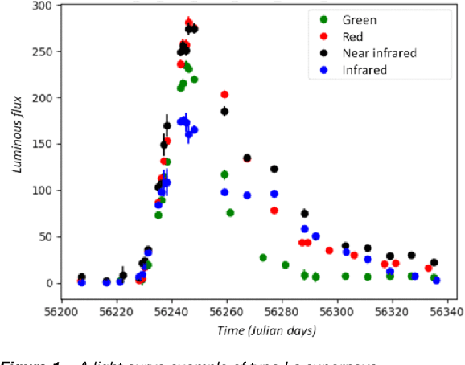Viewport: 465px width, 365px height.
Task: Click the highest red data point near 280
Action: click(189, 23)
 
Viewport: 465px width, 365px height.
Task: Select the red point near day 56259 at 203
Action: click(224, 95)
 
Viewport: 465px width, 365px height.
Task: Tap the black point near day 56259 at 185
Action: click(224, 111)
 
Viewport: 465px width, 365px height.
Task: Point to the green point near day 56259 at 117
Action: click(224, 174)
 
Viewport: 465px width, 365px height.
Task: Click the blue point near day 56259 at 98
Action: click(224, 192)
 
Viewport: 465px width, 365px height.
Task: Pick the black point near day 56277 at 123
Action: click(274, 169)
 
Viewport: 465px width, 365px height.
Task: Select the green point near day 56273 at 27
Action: click(263, 258)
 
